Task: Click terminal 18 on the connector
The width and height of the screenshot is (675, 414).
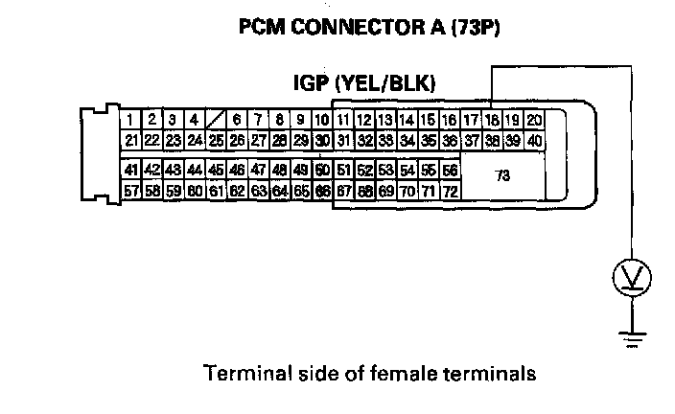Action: tap(492, 121)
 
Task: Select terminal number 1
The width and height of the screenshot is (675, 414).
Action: tap(129, 121)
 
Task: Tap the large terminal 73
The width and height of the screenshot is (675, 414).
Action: tap(501, 175)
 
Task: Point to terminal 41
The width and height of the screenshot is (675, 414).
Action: tap(131, 170)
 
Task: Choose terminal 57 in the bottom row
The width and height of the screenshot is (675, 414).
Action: tap(131, 191)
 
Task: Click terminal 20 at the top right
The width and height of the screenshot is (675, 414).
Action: tap(534, 121)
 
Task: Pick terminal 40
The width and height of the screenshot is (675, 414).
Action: tap(534, 141)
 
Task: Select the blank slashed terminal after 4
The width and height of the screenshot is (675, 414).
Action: tap(216, 121)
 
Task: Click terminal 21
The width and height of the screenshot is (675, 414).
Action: tap(131, 141)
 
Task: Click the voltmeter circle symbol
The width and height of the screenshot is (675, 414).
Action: tap(631, 279)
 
